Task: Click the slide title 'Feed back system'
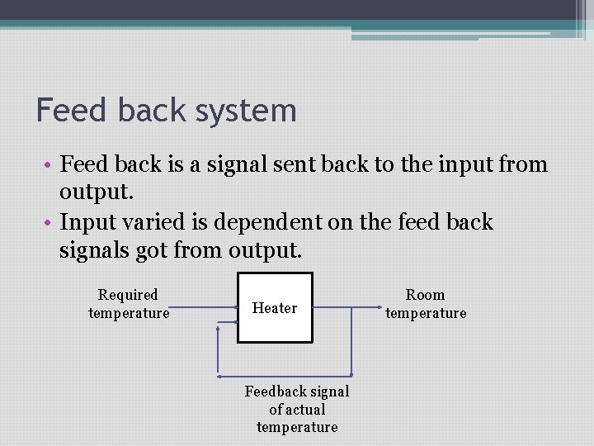click(x=166, y=111)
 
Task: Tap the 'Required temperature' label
click(x=129, y=304)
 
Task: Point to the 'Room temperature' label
click(x=426, y=304)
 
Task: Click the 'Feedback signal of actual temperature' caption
click(x=297, y=409)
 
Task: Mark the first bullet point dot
click(x=50, y=165)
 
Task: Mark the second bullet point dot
click(x=50, y=223)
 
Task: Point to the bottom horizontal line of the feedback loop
click(x=285, y=375)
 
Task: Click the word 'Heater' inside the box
click(x=275, y=308)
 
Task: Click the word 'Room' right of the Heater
click(x=426, y=295)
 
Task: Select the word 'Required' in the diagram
click(x=128, y=295)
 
